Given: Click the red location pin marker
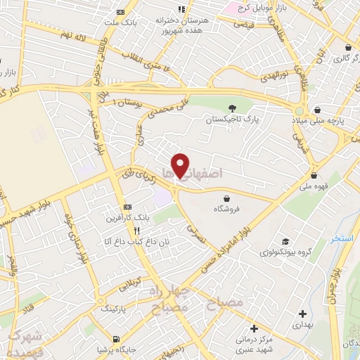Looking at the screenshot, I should click(x=181, y=166).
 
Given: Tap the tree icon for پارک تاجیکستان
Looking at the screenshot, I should click(x=233, y=108).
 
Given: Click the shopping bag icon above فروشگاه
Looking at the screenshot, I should click(x=226, y=198).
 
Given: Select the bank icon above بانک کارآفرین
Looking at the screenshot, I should click(x=127, y=207).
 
